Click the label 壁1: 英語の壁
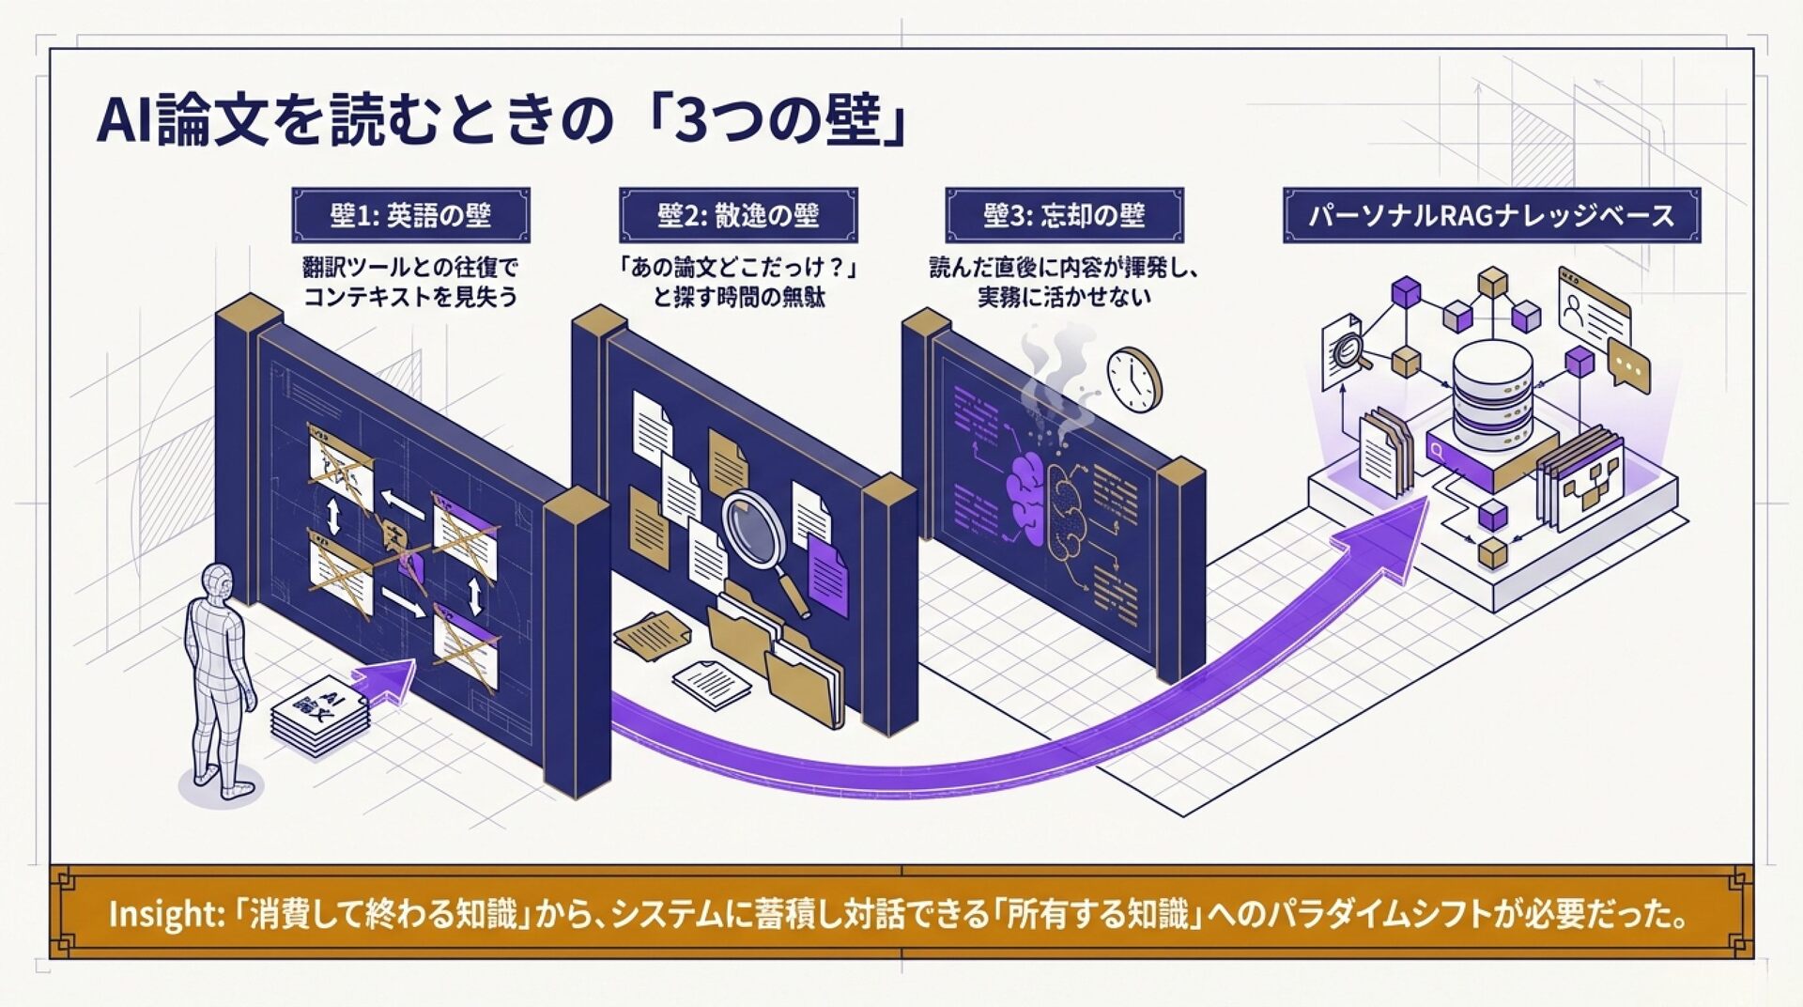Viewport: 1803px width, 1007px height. [410, 215]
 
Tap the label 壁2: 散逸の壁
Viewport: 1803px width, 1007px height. [738, 215]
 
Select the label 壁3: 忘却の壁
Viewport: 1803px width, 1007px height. [1064, 215]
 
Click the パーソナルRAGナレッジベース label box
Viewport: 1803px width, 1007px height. [1491, 215]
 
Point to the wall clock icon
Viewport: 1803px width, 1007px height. [1133, 380]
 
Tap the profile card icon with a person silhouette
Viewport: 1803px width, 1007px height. [1593, 305]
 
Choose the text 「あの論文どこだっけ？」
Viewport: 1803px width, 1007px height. [738, 268]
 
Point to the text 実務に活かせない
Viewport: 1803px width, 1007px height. [1064, 298]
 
